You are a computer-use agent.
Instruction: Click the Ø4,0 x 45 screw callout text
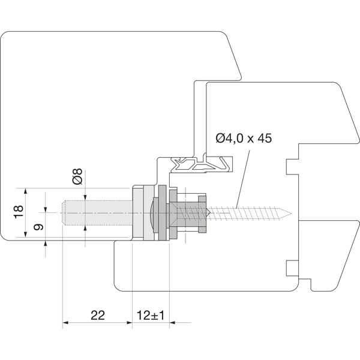click(243, 139)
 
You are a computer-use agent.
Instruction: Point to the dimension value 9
click(37, 228)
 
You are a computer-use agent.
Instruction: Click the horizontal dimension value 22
click(98, 314)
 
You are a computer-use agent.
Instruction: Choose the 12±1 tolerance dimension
click(150, 314)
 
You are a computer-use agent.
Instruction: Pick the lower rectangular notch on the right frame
click(292, 267)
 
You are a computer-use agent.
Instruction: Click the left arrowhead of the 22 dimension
click(65, 323)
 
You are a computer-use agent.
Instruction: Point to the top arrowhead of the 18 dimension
click(25, 191)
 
